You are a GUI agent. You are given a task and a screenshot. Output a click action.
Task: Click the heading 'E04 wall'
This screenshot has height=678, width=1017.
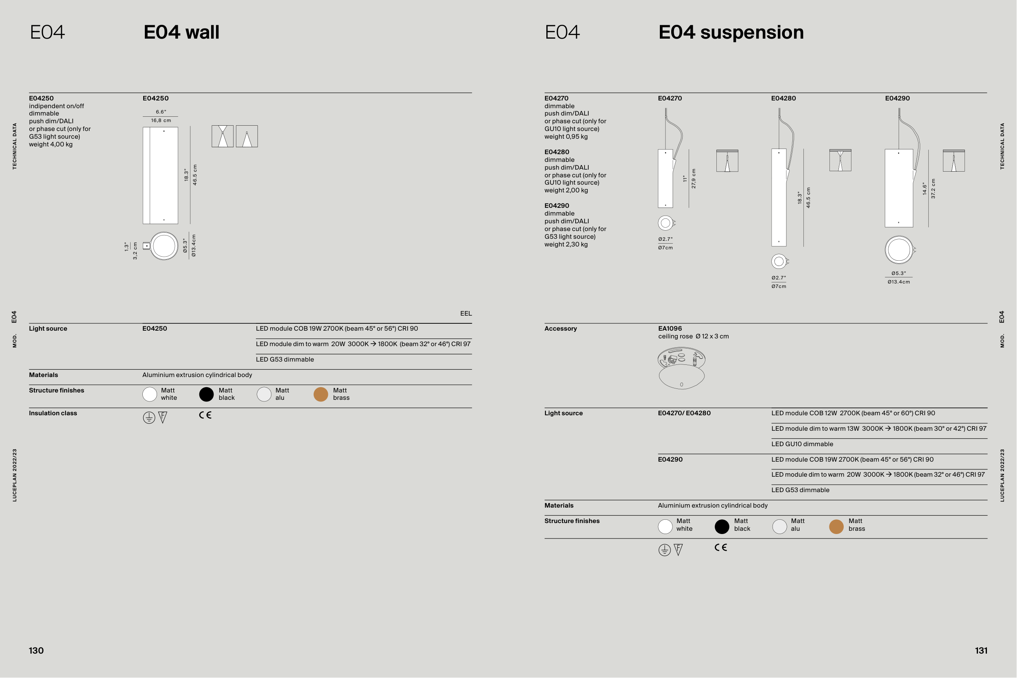pos(181,33)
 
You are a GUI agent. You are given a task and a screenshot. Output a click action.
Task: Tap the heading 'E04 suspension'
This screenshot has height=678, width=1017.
pos(731,33)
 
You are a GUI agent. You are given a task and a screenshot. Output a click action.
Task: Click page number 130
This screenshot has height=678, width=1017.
pos(36,651)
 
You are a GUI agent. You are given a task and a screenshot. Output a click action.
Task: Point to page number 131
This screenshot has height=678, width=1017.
pos(981,651)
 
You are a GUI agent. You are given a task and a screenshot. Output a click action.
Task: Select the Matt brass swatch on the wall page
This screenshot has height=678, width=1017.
pos(321,395)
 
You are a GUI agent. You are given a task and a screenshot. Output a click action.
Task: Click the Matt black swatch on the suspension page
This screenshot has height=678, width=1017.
pos(722,527)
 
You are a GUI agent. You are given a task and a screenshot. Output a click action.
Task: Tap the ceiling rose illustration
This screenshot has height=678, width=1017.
pos(681,368)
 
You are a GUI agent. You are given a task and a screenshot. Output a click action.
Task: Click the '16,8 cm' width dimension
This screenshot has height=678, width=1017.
pos(161,121)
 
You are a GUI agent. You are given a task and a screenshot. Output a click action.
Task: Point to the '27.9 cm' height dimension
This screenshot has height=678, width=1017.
pos(694,178)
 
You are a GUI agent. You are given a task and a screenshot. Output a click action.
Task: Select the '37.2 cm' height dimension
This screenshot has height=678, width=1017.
pos(933,189)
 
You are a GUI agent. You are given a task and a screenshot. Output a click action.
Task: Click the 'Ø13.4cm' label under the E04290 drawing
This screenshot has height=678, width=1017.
pos(899,282)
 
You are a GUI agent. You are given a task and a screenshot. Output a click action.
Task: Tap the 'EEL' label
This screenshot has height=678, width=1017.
pos(466,314)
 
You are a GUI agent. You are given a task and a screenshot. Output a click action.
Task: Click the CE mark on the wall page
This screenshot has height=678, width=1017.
pos(205,415)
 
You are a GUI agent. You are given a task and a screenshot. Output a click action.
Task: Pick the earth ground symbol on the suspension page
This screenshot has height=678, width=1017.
pos(665,550)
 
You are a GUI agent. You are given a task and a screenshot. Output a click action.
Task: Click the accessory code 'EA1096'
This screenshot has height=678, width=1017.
pos(670,329)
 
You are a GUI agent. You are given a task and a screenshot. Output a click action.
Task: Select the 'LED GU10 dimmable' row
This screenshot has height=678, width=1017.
pos(802,444)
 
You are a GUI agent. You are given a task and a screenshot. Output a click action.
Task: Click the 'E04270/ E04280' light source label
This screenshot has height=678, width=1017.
pos(684,413)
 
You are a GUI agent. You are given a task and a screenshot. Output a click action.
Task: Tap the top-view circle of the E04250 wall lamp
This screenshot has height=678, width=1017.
pos(164,246)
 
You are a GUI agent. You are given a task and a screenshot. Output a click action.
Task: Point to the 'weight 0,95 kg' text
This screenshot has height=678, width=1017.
pos(565,137)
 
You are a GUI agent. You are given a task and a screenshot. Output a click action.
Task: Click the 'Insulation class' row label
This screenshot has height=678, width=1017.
pos(53,413)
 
